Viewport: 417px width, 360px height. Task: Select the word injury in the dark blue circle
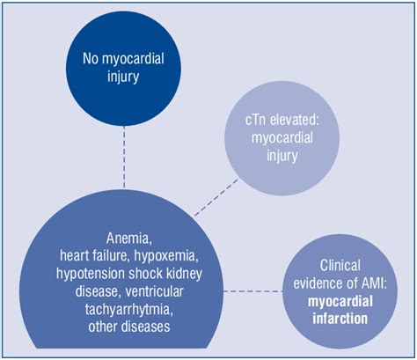[x=122, y=78]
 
